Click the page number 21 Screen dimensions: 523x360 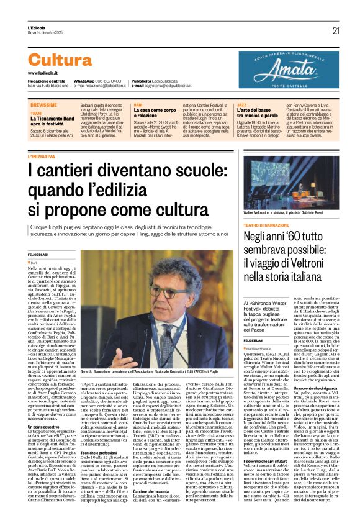pyautogui.click(x=336, y=30)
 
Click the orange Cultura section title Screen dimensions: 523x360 pyautogui.click(x=69, y=60)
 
